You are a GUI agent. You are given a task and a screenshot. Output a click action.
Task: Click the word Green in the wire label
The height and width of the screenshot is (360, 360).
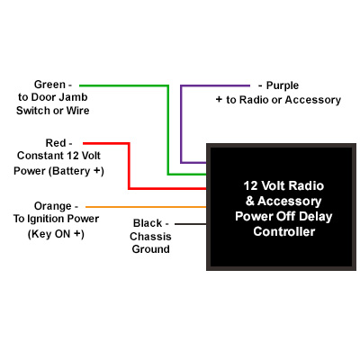coord(49,85)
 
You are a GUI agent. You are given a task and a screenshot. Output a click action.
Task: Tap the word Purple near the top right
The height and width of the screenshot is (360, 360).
coord(283,85)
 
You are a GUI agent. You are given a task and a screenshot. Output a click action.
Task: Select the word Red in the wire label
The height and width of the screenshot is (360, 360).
coord(56,143)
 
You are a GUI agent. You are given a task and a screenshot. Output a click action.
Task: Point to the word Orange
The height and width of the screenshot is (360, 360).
coord(53,206)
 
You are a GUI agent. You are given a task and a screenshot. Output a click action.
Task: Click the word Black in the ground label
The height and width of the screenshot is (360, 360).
coord(148,223)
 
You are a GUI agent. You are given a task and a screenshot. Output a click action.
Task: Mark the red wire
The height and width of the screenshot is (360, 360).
coord(129,166)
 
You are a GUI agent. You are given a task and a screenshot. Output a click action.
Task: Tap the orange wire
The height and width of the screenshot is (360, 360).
coord(146,207)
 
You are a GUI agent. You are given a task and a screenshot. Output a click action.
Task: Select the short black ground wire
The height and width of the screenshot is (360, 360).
coord(191,224)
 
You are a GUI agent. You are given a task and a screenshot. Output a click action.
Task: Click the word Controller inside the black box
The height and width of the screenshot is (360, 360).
coord(283,231)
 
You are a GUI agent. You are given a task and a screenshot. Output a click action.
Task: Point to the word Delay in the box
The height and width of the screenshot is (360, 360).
coord(316,217)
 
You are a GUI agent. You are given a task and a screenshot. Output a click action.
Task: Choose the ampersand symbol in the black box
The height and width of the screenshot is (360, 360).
coord(249,201)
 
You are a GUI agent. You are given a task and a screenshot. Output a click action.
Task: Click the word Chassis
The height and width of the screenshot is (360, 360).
coord(150,237)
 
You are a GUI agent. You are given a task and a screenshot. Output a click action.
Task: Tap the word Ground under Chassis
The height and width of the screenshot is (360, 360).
coord(151,249)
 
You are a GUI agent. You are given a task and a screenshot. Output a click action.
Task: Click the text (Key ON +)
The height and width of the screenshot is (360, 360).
coord(56,234)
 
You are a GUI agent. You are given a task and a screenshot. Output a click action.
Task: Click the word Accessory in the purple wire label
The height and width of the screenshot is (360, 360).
coord(313,100)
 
